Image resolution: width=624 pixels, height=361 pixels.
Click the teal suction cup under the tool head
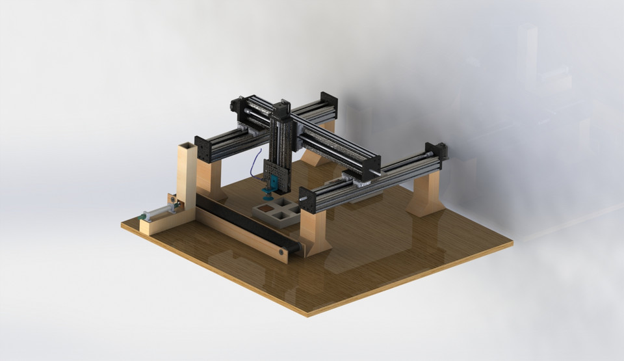click(266, 193)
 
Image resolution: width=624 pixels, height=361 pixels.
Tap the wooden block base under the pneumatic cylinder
click(159, 224)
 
